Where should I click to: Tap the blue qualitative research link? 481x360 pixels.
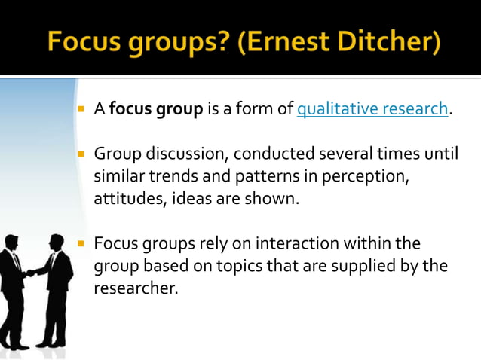[x=373, y=110]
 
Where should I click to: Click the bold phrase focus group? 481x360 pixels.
[x=156, y=110]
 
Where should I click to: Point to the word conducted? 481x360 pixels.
[x=268, y=155]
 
